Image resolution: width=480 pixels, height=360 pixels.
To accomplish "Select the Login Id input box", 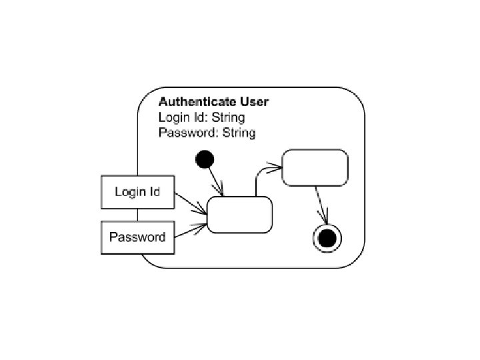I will click(x=137, y=193).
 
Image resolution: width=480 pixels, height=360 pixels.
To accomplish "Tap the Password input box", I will click(x=137, y=237).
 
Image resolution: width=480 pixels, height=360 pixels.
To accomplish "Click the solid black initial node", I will click(x=205, y=159).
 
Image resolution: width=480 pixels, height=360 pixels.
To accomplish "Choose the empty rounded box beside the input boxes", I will click(x=240, y=215).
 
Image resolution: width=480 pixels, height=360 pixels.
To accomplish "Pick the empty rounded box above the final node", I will click(x=315, y=167).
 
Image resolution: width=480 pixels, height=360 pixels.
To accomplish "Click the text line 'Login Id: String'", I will click(x=201, y=118).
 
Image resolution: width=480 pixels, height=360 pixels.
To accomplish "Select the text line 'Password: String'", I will click(x=207, y=133).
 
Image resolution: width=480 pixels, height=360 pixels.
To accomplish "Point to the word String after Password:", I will click(x=239, y=133).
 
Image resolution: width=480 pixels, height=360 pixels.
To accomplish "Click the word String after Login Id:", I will click(x=228, y=118).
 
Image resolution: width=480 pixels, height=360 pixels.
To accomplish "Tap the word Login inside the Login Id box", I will click(x=129, y=193).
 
